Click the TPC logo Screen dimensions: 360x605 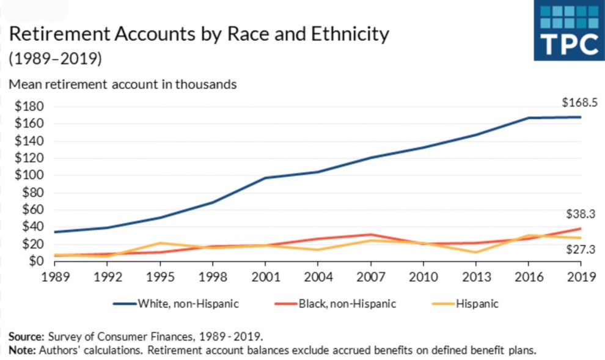(x=569, y=31)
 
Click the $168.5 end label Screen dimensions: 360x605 (x=579, y=103)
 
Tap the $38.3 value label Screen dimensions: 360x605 (x=580, y=214)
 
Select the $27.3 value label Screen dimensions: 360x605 (x=580, y=249)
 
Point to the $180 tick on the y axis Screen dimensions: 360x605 (x=28, y=107)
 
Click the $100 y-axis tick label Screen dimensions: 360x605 (x=28, y=175)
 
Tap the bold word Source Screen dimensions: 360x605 (x=26, y=336)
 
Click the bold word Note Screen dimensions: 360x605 (x=22, y=350)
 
